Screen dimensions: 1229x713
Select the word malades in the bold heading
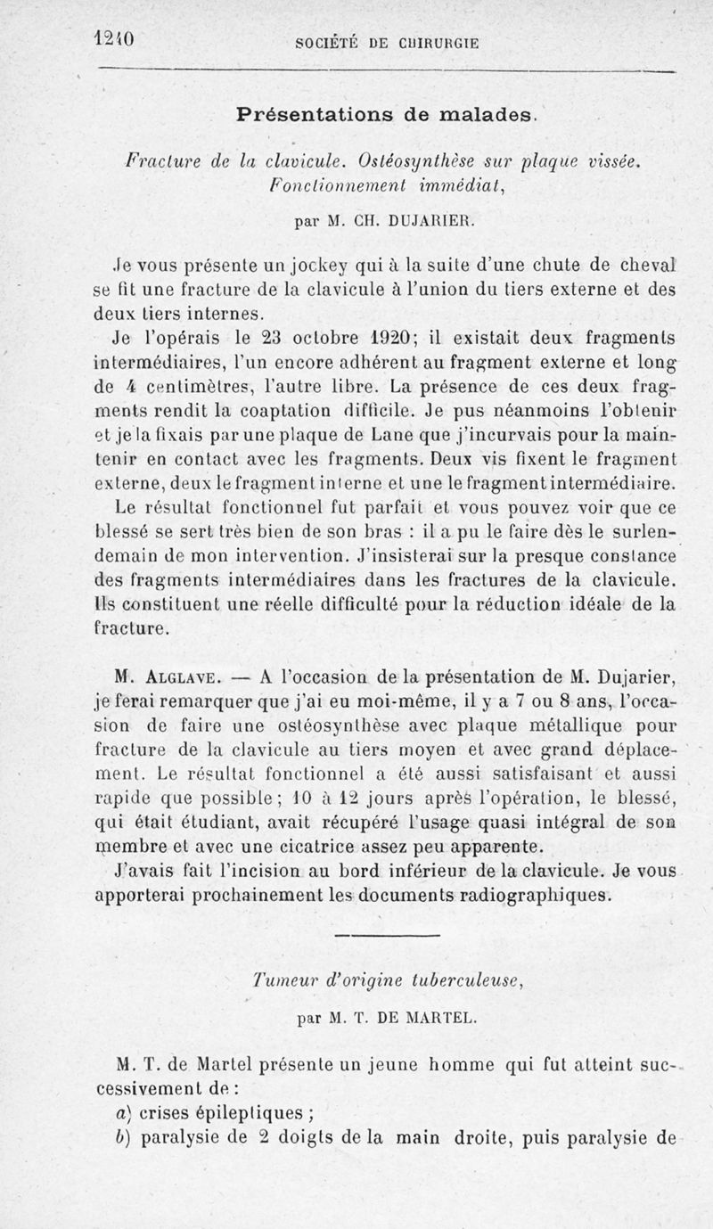coord(482,114)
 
